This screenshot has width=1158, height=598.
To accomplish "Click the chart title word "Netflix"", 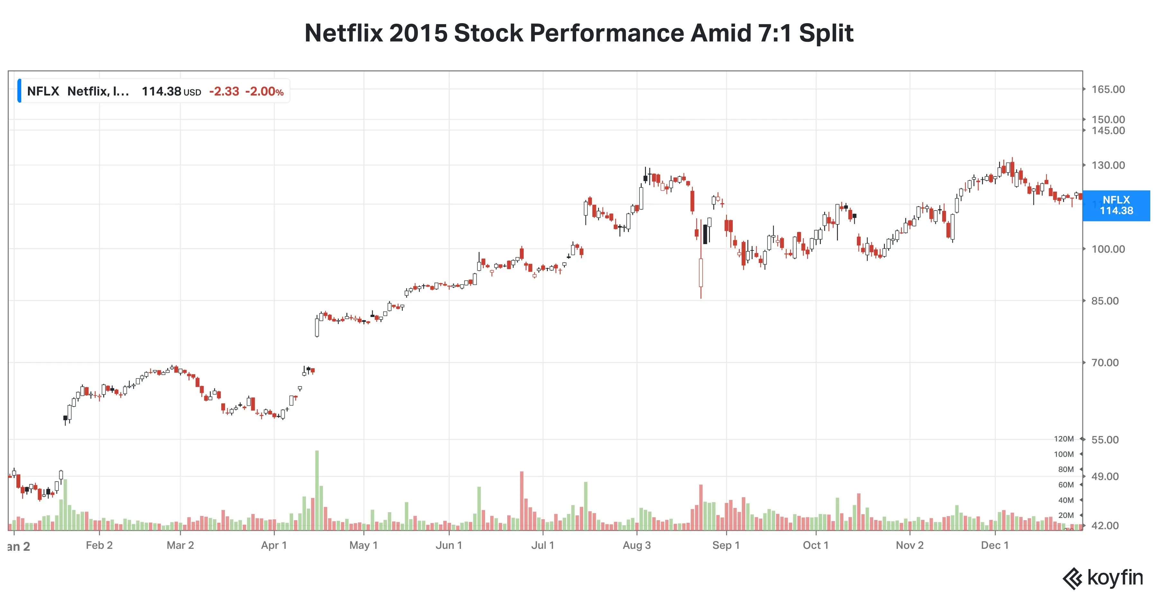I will point(343,33).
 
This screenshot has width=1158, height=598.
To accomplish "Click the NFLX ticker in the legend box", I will point(43,91).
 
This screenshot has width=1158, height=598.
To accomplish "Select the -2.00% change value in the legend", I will point(264,92).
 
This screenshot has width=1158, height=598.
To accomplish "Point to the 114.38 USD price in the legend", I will point(171,92).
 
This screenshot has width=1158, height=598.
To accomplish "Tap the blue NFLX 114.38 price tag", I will point(1116,205).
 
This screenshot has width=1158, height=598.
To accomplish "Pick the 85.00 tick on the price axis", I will point(1105,301).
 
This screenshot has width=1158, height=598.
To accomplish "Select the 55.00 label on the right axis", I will point(1105,439).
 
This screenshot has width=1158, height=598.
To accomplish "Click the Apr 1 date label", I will point(274,545).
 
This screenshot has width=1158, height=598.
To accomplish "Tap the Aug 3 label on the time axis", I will point(637,545).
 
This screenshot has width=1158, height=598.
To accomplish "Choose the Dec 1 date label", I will point(994,545).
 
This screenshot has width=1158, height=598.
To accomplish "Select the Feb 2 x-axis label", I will point(99,545).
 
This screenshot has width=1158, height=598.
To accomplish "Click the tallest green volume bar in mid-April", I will point(317,490).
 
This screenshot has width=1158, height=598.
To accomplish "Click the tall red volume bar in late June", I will point(521,501).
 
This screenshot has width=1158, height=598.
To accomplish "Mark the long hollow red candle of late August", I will point(700,272).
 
